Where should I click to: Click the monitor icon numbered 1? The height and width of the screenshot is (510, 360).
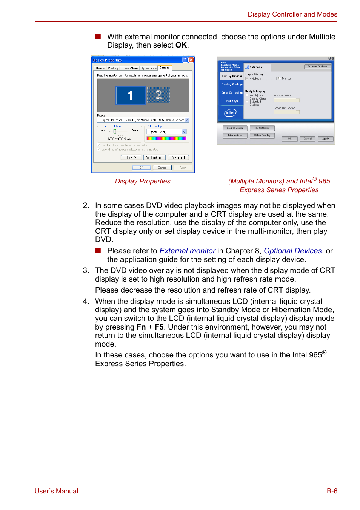pos(130,95)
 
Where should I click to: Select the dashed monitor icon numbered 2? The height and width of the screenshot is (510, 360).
pos(158,95)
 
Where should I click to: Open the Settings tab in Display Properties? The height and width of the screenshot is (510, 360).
pos(165,68)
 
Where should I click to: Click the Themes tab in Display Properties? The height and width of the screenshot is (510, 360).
pos(100,68)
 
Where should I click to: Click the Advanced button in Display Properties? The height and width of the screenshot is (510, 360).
pos(178,158)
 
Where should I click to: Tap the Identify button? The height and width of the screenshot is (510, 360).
pos(131,158)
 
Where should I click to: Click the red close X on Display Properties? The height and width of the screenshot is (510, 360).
pos(191,60)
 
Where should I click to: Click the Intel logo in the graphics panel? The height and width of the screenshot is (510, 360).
pos(231,112)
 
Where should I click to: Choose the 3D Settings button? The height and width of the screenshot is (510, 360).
pos(262,128)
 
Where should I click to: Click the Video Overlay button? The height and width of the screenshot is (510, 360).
pos(262,136)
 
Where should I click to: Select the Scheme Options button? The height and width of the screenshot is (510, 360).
pos(317,66)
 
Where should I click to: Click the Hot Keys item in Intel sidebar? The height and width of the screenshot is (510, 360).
pos(232,101)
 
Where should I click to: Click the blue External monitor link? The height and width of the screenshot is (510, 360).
pos(187,251)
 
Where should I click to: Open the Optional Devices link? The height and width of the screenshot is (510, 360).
pos(292,251)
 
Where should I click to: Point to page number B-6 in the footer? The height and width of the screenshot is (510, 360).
pos(332,491)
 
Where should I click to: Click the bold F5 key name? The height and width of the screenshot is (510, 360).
pos(159,327)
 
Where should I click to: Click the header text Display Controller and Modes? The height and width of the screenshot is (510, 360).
pos(292,14)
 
